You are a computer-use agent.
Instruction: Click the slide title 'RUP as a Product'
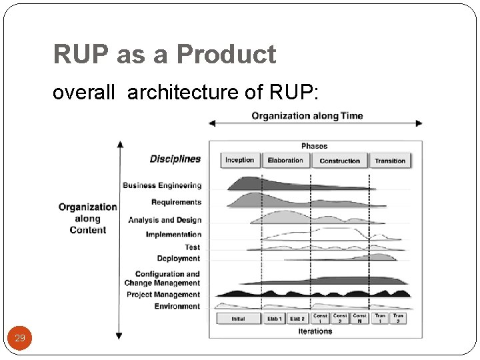tap(164, 55)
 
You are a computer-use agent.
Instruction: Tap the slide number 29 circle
tap(20, 338)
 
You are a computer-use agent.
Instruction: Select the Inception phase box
tap(240, 161)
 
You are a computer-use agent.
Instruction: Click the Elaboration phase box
tap(285, 161)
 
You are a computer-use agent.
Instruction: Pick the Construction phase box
tap(339, 161)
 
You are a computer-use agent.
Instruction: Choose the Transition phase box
tap(390, 161)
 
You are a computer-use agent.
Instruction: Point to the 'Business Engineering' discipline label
tap(161, 185)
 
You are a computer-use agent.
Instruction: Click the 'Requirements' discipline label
tap(176, 202)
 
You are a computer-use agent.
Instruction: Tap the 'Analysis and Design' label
tap(165, 220)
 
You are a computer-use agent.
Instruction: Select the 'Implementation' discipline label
tap(173, 235)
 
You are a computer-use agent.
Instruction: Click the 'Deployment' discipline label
tap(179, 259)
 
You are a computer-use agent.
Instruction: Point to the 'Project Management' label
tap(163, 295)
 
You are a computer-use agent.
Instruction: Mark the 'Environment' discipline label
tap(177, 307)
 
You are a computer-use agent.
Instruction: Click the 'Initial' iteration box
tap(238, 319)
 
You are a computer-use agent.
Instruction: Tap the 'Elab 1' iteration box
tap(274, 319)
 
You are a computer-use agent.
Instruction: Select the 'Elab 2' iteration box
tap(297, 319)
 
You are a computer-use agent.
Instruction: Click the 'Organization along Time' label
tap(307, 116)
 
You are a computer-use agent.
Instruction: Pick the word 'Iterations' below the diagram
tap(315, 331)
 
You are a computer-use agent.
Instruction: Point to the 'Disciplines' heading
tap(175, 159)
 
